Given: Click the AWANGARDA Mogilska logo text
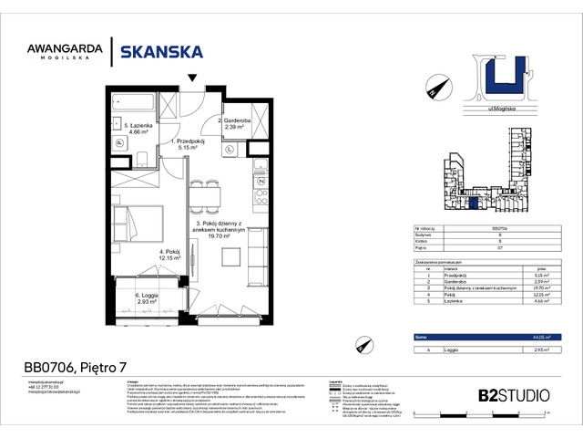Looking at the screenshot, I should click(69, 53).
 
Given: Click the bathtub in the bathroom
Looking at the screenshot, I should click(132, 99).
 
